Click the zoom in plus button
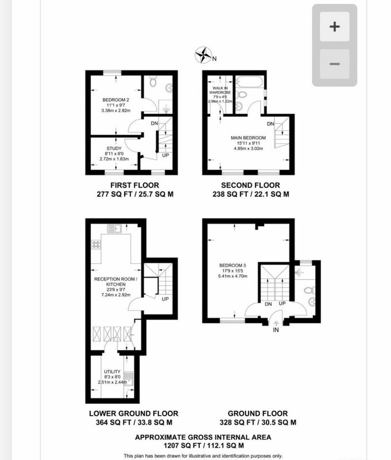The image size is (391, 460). click(334, 26)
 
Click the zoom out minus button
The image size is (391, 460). click(334, 64)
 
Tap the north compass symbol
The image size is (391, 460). click(203, 56)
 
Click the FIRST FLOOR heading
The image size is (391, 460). click(131, 185)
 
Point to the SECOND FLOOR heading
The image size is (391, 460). click(250, 185)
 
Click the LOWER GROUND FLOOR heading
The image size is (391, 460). click(133, 413)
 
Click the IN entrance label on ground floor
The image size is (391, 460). click(276, 331)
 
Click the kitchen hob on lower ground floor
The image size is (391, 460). click(96, 244)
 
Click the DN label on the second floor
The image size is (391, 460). click(270, 124)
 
